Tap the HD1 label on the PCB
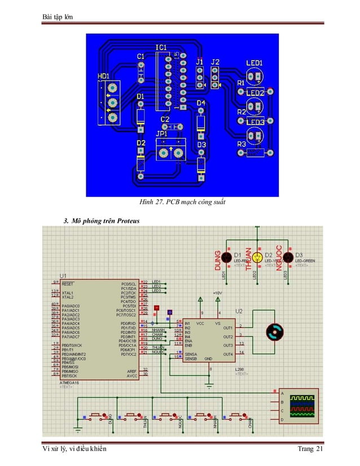[x=103, y=76]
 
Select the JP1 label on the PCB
[x=162, y=134]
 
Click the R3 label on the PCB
[x=241, y=145]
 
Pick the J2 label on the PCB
[x=215, y=61]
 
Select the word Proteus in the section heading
[x=128, y=219]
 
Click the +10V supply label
[x=218, y=293]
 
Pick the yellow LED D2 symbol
[x=257, y=257]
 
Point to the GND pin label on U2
[x=208, y=358]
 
